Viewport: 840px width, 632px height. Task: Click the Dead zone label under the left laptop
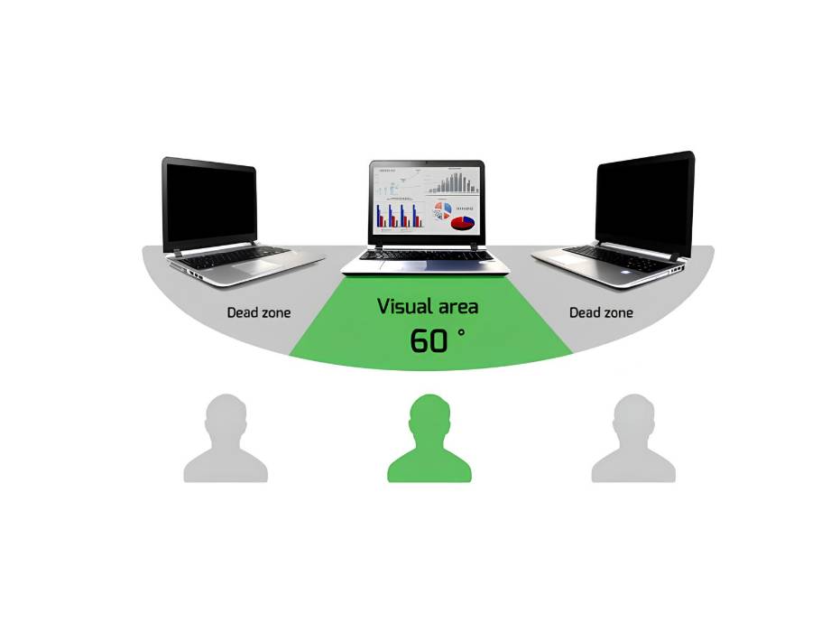259,312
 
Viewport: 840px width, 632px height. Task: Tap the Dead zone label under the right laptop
601,312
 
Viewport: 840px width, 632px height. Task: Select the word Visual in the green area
404,306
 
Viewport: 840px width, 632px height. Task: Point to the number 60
429,340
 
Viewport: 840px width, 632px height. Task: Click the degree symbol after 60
461,333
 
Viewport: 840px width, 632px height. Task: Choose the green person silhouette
429,438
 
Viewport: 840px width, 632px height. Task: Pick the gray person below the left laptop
226,438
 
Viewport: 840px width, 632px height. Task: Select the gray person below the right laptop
633,438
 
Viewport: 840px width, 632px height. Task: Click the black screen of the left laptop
210,206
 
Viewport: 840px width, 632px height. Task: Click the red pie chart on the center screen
463,222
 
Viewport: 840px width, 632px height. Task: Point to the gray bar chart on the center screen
454,182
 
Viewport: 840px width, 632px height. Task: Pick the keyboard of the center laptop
426,256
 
